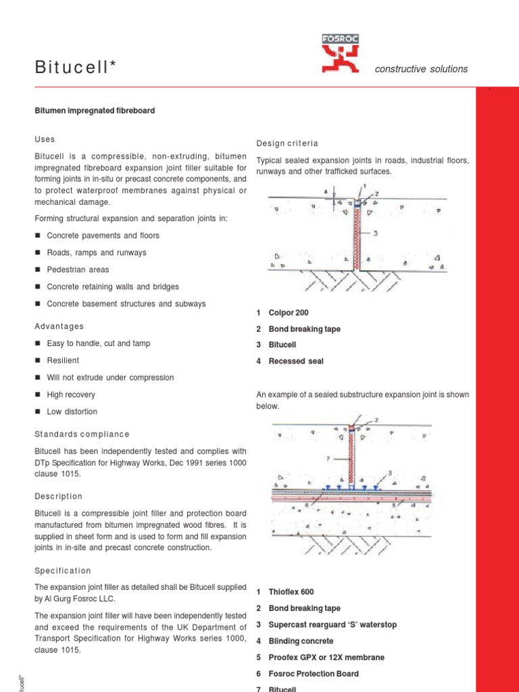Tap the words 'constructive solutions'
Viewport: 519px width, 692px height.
(421, 69)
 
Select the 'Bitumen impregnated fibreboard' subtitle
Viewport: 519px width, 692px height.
(95, 110)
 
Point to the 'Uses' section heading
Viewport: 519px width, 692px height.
(45, 139)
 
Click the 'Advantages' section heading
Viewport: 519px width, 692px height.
(59, 326)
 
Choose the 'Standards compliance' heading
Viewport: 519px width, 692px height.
(82, 434)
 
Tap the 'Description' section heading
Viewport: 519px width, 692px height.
(59, 496)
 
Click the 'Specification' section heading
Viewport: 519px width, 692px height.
(63, 571)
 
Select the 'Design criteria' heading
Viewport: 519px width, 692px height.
(287, 143)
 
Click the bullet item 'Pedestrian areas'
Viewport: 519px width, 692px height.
(78, 270)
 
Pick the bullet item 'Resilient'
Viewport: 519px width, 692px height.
(63, 361)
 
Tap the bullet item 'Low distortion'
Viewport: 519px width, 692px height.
(72, 412)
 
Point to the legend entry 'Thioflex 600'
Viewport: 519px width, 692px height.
(291, 592)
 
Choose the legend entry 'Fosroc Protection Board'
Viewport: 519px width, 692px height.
(314, 674)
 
